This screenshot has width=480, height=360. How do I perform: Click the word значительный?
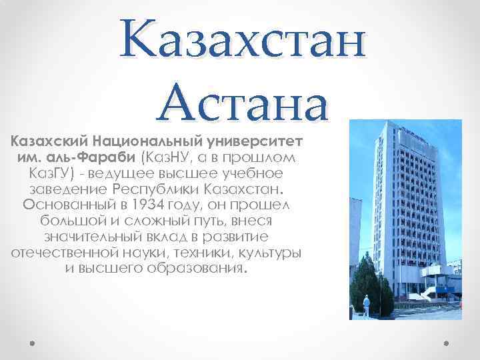[87, 237]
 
